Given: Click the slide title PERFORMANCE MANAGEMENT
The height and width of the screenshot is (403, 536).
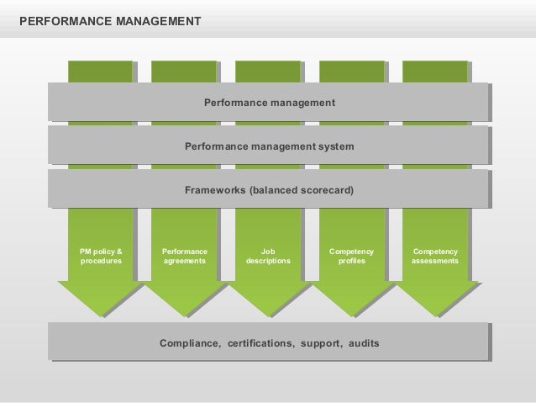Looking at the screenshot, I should [110, 17].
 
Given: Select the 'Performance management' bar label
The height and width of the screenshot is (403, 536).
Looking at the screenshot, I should [270, 103].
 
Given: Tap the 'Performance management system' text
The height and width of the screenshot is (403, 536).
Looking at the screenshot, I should [270, 147].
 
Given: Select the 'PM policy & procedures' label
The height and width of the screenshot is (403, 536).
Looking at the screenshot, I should [101, 257].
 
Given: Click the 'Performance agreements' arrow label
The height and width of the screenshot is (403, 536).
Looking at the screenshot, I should [185, 257].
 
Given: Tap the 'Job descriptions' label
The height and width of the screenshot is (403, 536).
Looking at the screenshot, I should [268, 257].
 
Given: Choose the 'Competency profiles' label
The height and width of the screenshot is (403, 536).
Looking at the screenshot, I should [352, 257].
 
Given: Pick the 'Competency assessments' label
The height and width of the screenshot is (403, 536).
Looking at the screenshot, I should [435, 257].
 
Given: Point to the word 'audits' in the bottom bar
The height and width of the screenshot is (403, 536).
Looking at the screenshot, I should [361, 344].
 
